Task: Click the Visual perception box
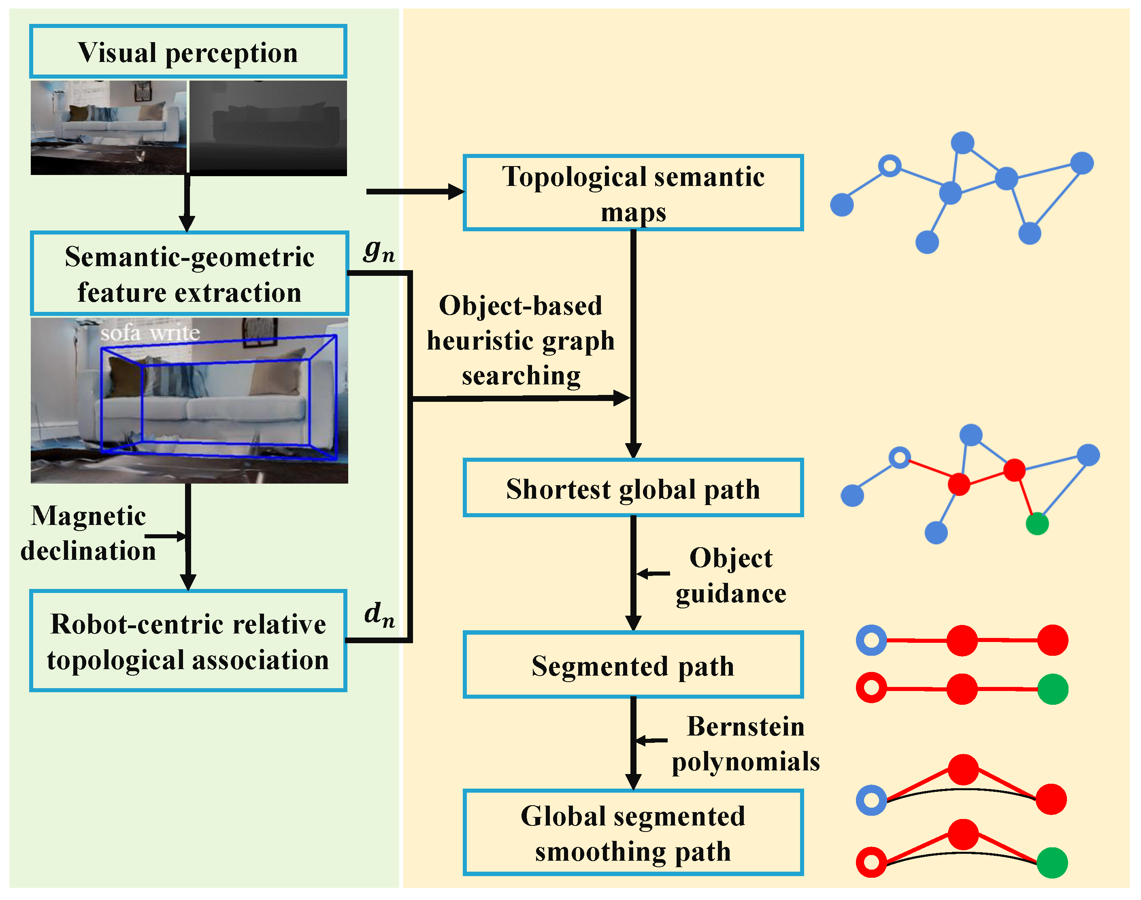(188, 51)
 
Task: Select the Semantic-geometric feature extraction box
(189, 273)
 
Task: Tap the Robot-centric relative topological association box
(188, 641)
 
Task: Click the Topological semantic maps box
(633, 193)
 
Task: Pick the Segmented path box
(633, 665)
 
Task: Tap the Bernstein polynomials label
(745, 744)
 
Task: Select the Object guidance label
(731, 576)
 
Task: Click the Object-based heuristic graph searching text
(520, 340)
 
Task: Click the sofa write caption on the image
(150, 333)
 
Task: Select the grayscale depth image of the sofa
(268, 128)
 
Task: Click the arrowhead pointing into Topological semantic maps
(455, 192)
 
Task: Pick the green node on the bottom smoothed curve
(1052, 863)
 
